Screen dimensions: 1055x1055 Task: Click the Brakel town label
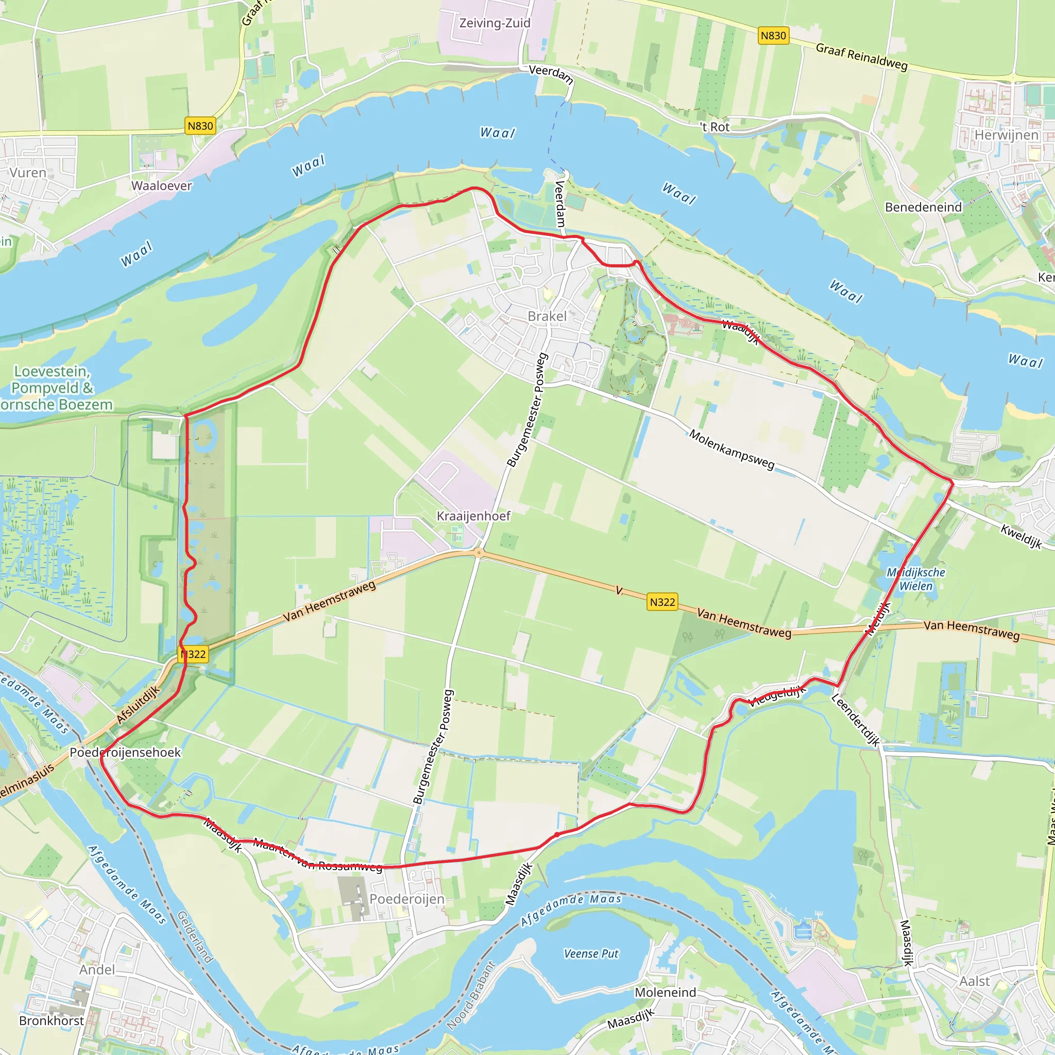547,316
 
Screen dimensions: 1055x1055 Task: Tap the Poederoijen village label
407,898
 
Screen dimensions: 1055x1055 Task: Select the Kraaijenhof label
473,516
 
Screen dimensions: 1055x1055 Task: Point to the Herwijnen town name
1007,135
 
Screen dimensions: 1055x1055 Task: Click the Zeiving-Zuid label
495,23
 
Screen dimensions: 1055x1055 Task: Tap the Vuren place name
28,173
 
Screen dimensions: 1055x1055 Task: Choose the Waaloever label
162,185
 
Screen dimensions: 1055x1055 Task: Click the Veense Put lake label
591,954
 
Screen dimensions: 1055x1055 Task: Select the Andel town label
97,969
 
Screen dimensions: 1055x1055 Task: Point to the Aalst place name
975,981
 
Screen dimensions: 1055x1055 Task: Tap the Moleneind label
665,992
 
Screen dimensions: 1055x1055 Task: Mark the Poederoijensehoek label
125,752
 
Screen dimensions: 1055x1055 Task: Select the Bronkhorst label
52,1020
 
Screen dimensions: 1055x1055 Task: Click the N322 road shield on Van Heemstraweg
662,602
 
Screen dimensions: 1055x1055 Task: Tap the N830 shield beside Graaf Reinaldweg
773,36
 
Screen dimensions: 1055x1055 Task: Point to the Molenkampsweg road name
731,449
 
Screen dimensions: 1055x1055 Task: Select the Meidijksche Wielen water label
916,579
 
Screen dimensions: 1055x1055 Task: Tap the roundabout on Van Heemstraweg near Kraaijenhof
479,553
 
